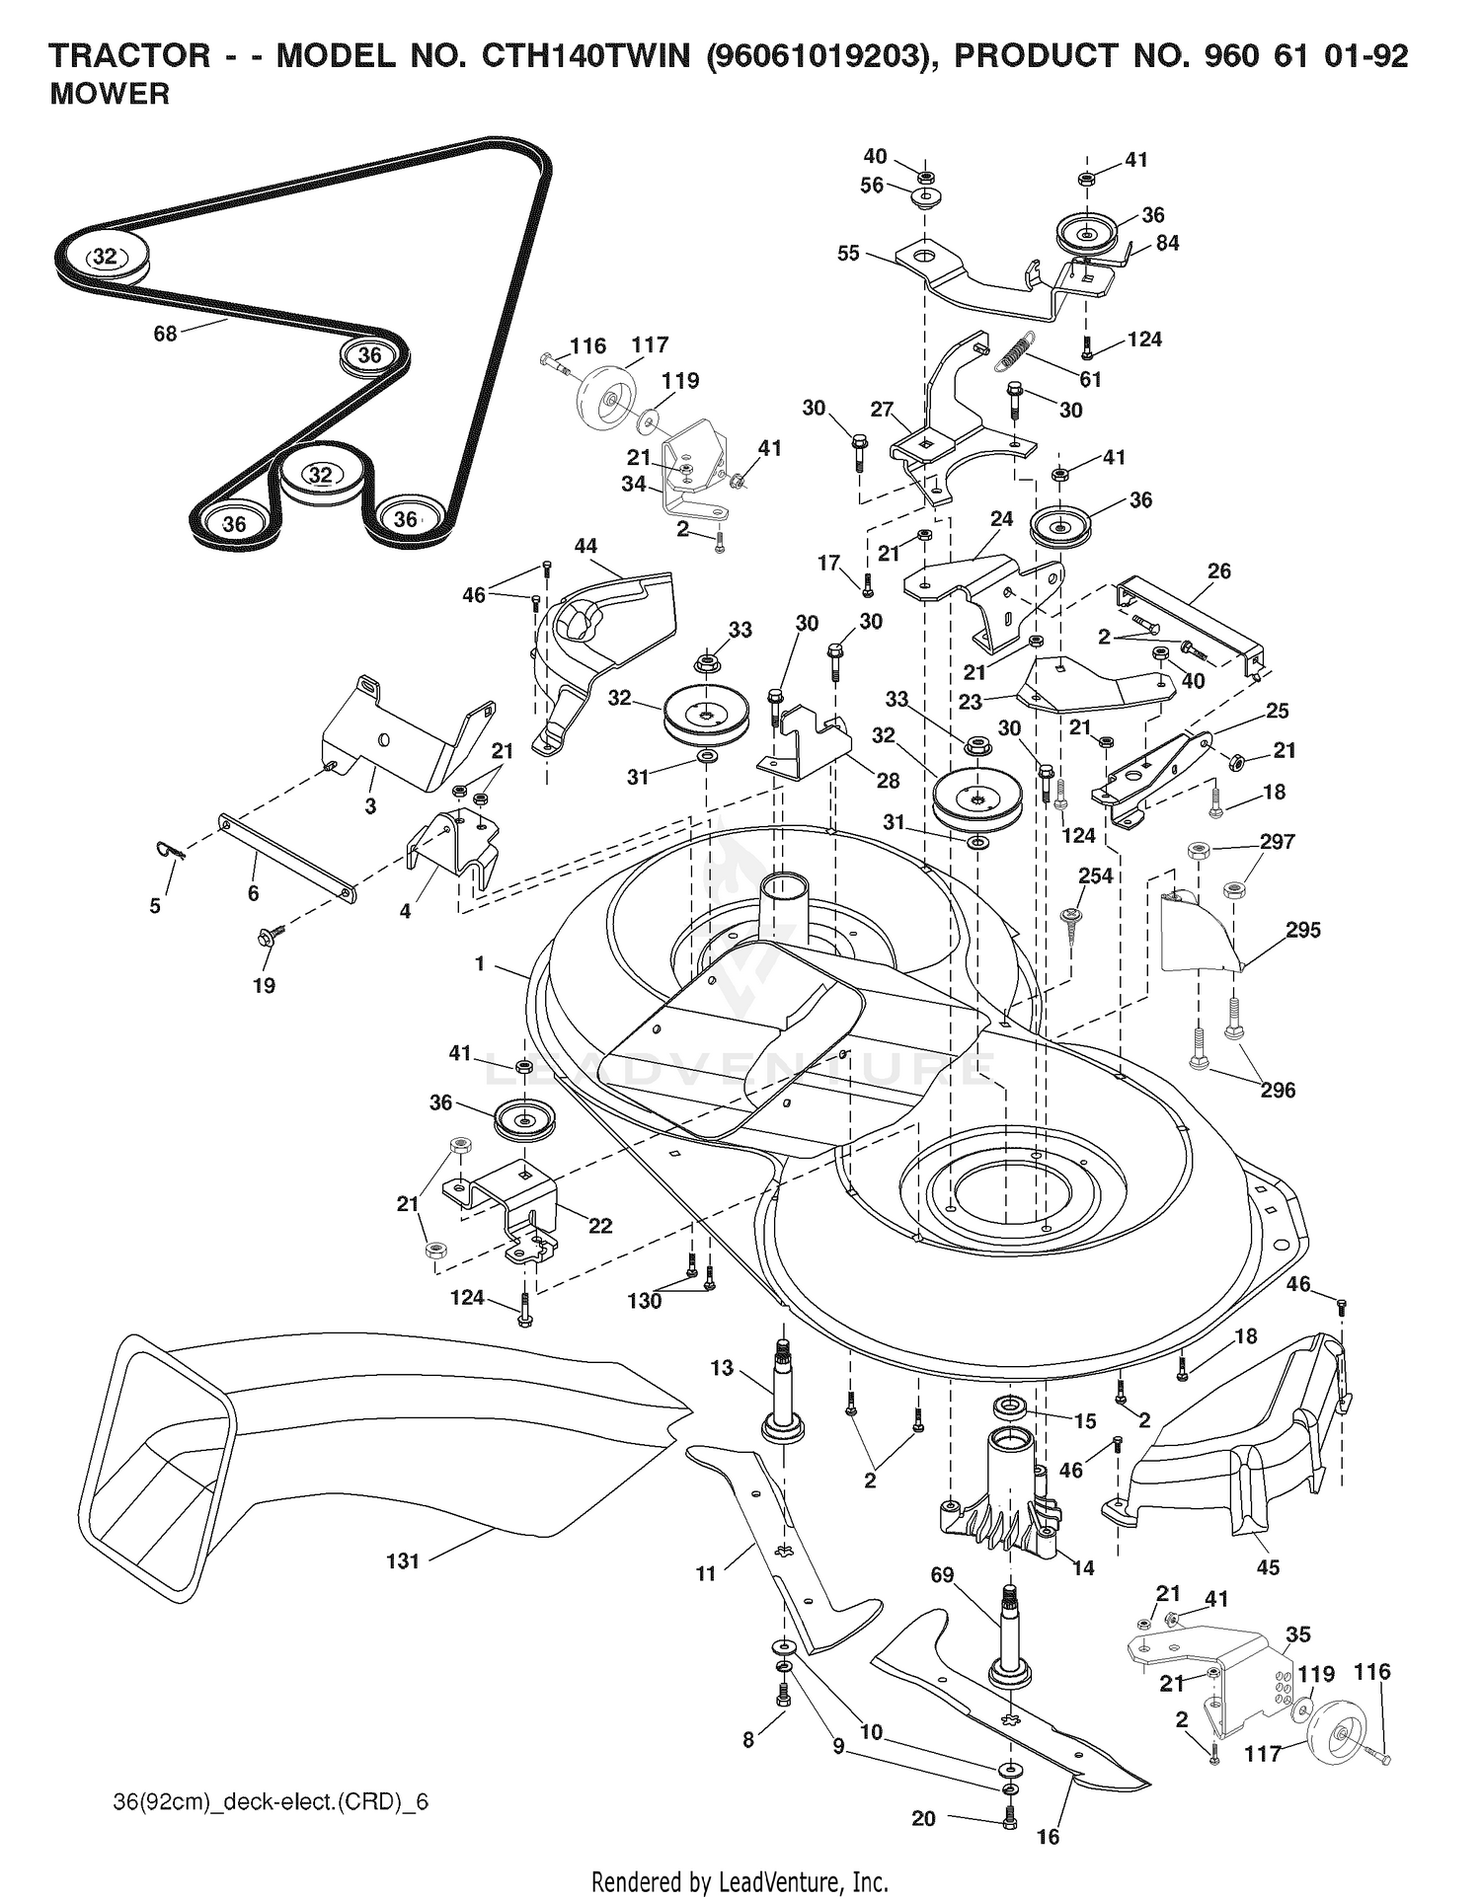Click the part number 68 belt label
click(165, 334)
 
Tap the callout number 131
click(403, 1560)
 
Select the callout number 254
click(1095, 875)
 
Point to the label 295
click(1303, 930)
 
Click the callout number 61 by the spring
click(1090, 379)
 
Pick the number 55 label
click(848, 254)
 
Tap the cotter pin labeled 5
click(172, 850)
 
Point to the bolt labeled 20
click(1008, 1816)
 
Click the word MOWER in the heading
click(110, 95)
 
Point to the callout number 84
click(1167, 243)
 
